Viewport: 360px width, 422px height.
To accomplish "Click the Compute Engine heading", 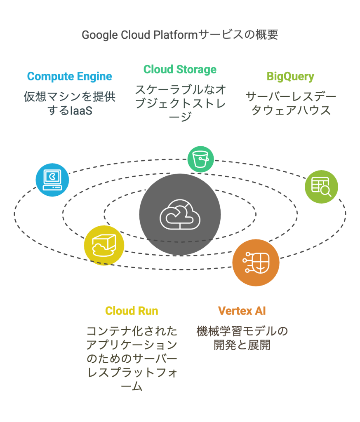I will tap(70, 77).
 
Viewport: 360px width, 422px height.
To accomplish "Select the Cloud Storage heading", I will tap(180, 69).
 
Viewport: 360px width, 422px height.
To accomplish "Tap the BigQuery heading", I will tap(290, 77).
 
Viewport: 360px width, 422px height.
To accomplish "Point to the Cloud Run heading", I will tap(132, 310).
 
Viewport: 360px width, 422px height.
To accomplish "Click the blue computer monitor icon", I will tap(52, 180).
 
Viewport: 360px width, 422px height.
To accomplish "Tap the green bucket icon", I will tap(201, 159).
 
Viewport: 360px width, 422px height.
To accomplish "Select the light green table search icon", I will tap(321, 187).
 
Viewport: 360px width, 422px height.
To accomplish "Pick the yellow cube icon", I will tap(104, 245).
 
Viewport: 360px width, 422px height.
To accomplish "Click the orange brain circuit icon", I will tap(256, 262).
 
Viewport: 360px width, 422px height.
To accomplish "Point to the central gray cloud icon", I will tap(180, 214).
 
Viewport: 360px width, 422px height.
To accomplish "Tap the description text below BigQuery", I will tap(291, 103).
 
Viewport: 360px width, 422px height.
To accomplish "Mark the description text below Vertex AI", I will tap(242, 338).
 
